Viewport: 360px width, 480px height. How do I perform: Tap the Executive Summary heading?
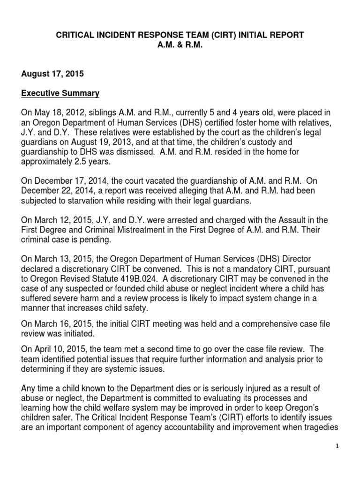pos(60,93)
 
